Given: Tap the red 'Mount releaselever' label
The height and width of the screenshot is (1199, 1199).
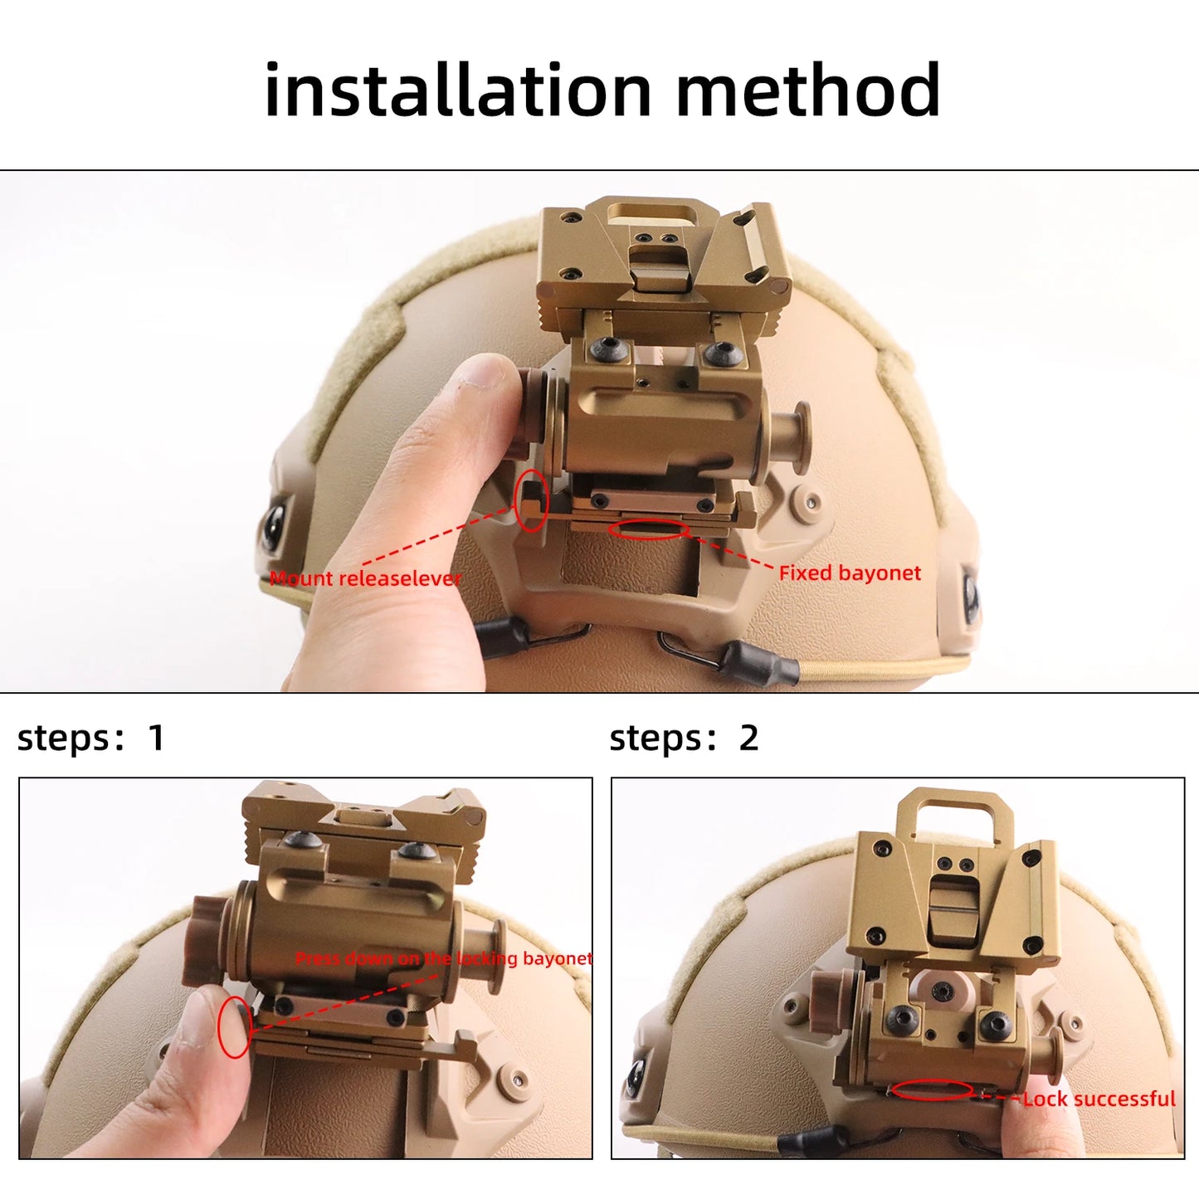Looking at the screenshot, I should (365, 578).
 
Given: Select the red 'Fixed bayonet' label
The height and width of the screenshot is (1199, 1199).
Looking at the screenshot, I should (850, 573).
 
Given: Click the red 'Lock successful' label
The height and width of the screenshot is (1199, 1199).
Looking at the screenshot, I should (1099, 1099).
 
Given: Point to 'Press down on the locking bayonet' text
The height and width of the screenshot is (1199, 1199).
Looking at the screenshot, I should (444, 958).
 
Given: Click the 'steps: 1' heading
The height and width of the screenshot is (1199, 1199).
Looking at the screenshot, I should (90, 738).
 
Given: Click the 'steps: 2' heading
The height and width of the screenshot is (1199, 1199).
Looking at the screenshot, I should (684, 738).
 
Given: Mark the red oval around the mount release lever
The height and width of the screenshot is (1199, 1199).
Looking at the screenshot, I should (531, 500).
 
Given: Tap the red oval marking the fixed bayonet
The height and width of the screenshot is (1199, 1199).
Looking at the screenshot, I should (648, 529).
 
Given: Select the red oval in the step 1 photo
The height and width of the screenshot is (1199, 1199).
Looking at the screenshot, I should (234, 1027).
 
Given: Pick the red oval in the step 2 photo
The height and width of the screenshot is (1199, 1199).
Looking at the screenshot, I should (932, 1090).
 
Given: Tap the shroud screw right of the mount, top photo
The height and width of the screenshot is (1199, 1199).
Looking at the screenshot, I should (808, 501).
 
